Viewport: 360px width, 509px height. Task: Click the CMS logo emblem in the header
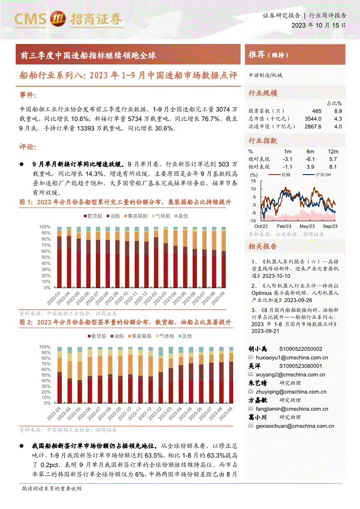58,18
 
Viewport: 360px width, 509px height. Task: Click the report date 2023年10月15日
319,25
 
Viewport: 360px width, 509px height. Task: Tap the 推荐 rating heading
257,54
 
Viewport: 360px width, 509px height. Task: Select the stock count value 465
316,111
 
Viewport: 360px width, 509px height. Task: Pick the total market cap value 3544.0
313,119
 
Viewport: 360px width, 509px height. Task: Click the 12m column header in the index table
333,152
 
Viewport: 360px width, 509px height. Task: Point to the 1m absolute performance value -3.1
288,159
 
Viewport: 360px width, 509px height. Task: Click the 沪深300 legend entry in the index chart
317,175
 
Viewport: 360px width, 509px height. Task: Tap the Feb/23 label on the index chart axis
284,226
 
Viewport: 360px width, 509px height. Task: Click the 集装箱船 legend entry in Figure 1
136,216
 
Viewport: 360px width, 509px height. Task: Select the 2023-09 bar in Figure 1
224,257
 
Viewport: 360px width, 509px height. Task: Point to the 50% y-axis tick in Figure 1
45,257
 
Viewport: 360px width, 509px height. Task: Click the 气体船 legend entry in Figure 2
165,336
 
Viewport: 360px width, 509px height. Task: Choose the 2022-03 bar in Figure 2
59,375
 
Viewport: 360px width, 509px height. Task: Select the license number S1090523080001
301,366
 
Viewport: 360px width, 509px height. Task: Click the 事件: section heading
27,95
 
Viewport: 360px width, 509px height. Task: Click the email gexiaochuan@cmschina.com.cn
295,426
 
